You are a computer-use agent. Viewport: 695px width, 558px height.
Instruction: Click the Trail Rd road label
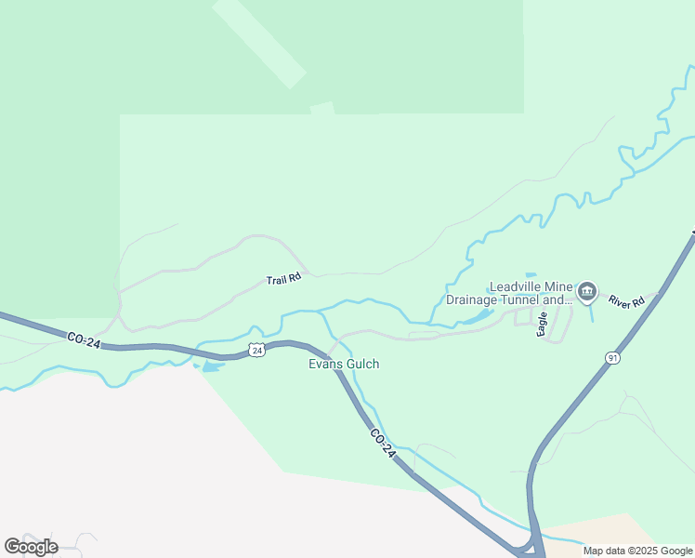283,279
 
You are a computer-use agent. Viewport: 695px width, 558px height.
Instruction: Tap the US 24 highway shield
257,350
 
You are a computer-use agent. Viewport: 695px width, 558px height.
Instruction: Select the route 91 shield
612,358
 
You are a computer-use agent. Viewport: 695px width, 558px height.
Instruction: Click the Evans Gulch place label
344,365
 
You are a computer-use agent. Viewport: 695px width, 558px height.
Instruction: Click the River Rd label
627,302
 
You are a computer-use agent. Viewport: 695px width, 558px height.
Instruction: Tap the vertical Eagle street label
543,324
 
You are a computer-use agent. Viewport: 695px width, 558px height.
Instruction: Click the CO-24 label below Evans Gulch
383,443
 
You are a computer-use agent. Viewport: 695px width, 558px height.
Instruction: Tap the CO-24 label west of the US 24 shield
84,341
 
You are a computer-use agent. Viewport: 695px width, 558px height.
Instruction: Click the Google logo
32,547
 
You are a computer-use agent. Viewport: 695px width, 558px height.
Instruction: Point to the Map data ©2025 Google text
637,551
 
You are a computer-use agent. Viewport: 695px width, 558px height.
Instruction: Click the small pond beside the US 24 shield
212,367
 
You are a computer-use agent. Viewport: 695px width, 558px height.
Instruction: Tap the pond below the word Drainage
477,318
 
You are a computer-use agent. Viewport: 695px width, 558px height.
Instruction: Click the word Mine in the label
562,287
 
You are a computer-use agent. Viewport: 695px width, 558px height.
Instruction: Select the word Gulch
361,365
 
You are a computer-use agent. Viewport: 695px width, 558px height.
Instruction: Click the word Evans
325,365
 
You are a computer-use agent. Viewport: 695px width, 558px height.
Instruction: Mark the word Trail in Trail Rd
277,280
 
